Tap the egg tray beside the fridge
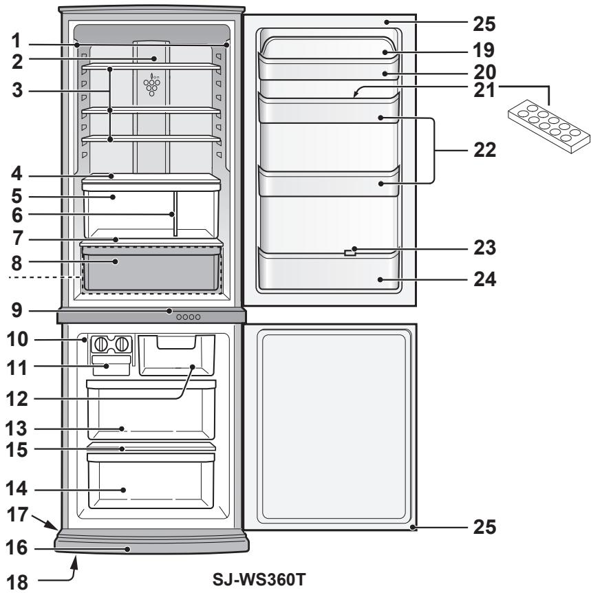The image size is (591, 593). tap(549, 125)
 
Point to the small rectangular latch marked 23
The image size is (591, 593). tap(350, 252)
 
